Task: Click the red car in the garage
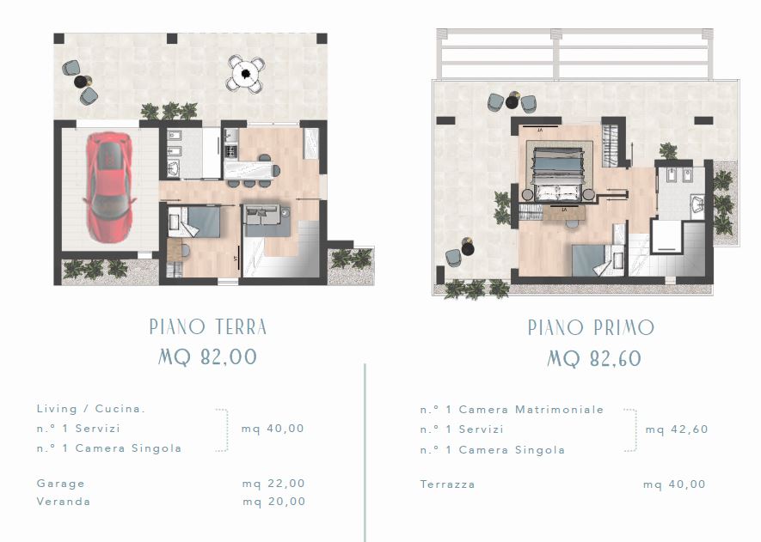click(108, 187)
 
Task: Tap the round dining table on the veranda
click(246, 74)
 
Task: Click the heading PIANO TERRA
click(208, 326)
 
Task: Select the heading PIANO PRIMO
click(591, 328)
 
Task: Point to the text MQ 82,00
click(208, 357)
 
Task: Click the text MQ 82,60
click(594, 359)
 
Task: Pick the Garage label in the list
click(61, 484)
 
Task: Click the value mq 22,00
click(273, 484)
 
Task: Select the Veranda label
click(64, 502)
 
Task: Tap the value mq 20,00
click(274, 502)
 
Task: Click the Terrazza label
click(447, 484)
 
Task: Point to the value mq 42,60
click(677, 429)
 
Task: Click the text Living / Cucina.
click(91, 409)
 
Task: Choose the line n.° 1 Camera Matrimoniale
click(512, 410)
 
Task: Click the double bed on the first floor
click(558, 174)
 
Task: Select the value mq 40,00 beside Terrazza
click(675, 484)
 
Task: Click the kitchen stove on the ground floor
click(231, 152)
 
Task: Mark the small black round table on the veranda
click(81, 82)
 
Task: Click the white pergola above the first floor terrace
click(575, 53)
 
